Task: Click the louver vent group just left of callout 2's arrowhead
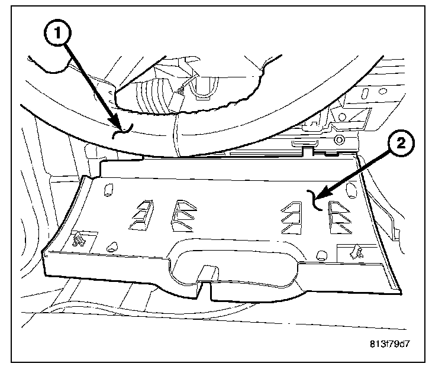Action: pyautogui.click(x=293, y=216)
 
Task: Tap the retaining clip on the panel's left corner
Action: pyautogui.click(x=78, y=239)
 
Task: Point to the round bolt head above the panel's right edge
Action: pyautogui.click(x=339, y=140)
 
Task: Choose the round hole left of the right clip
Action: pyautogui.click(x=321, y=255)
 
